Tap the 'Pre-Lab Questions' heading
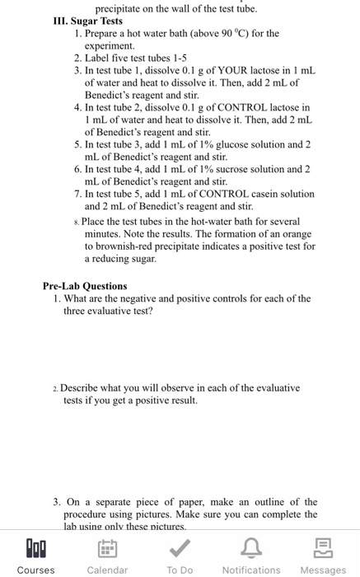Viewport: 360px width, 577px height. (85, 286)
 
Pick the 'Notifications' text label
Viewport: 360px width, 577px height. (251, 570)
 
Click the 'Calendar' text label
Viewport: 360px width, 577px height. (107, 570)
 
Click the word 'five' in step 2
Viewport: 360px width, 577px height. (128, 59)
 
